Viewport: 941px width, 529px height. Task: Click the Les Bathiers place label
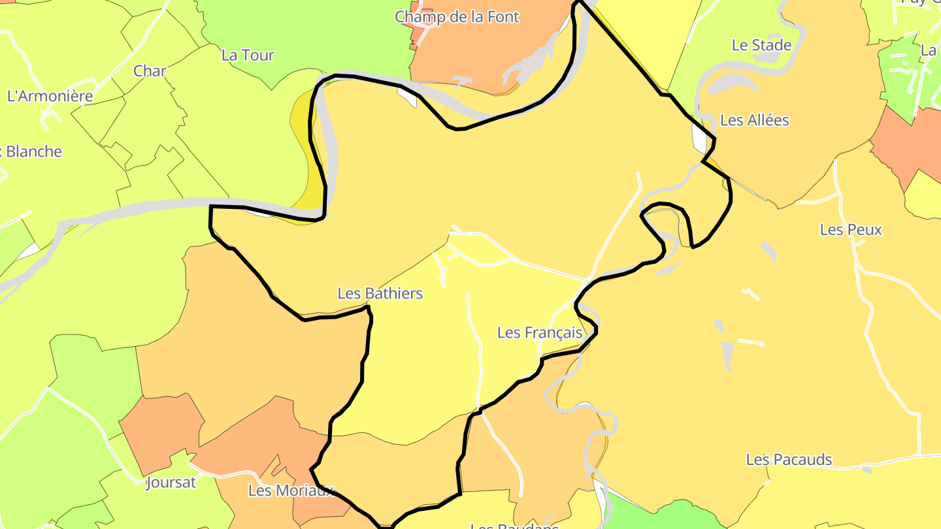[x=380, y=294]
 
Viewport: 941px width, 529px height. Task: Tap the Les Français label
[x=539, y=333]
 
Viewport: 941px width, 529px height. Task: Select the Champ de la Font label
[x=457, y=17]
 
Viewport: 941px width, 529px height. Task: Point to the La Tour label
[x=248, y=56]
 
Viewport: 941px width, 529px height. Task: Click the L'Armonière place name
[x=50, y=96]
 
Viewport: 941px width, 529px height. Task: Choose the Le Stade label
[x=761, y=46]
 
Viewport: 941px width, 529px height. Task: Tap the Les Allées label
[x=754, y=120]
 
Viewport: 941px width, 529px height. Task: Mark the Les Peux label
[x=851, y=230]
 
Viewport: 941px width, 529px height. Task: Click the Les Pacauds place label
[x=789, y=460]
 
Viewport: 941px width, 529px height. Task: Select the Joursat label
[x=171, y=483]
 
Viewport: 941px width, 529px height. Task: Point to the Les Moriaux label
[x=291, y=490]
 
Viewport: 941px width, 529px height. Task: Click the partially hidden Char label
[x=150, y=71]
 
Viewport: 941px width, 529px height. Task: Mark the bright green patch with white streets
[x=905, y=72]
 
